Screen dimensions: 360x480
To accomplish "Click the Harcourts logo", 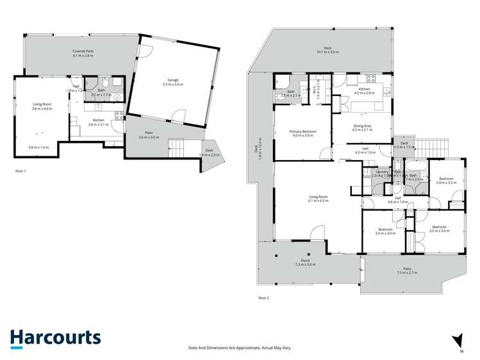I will tap(55, 338).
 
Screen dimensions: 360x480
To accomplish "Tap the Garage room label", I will tap(173, 80).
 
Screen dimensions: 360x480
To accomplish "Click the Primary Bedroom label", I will tap(303, 131).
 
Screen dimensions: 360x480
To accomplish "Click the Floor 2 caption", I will tap(263, 298).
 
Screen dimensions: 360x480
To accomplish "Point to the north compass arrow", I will tap(456, 340).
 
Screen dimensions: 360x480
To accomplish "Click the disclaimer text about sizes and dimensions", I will tap(240, 347).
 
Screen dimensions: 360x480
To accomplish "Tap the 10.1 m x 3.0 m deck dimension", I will tap(327, 52).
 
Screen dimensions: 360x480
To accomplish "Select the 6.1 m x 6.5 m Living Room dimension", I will tap(318, 200).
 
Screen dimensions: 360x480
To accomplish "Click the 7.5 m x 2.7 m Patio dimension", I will tap(406, 273).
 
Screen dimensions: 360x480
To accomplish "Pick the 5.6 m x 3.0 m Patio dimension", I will tap(149, 137).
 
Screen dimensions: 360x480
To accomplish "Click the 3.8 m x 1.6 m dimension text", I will tap(38, 148).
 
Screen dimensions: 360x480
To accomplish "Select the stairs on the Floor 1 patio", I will tap(176, 149).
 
